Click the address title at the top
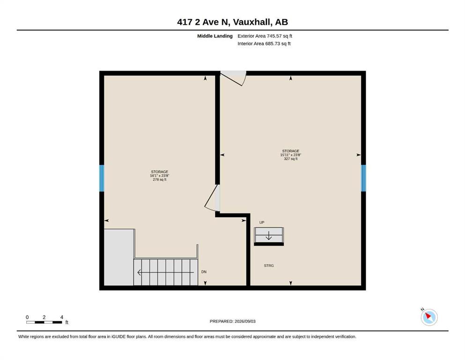pyautogui.click(x=232, y=22)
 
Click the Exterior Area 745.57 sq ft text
pyautogui.click(x=265, y=36)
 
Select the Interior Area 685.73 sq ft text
pyautogui.click(x=264, y=44)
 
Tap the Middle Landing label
pyautogui.click(x=215, y=36)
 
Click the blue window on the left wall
pyautogui.click(x=102, y=178)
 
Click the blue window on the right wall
pyautogui.click(x=363, y=178)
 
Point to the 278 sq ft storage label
pyautogui.click(x=160, y=176)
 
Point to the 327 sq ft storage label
pyautogui.click(x=291, y=155)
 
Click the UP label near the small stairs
pyautogui.click(x=262, y=222)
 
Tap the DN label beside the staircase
pyautogui.click(x=204, y=272)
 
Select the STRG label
pyautogui.click(x=269, y=266)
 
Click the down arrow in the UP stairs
pyautogui.click(x=269, y=236)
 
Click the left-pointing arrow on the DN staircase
pyautogui.click(x=165, y=272)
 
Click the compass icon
pyautogui.click(x=429, y=317)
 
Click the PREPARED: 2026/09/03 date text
pyautogui.click(x=232, y=321)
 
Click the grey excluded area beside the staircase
pyautogui.click(x=119, y=257)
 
